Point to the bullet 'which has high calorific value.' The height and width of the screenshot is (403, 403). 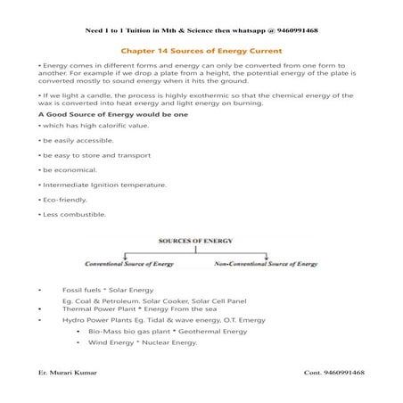[86, 126]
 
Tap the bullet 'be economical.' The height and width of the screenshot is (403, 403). [62, 169]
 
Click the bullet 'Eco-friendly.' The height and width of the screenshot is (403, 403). [62, 200]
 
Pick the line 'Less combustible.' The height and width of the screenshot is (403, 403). [68, 214]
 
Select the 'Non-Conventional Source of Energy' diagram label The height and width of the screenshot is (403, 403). [266, 265]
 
